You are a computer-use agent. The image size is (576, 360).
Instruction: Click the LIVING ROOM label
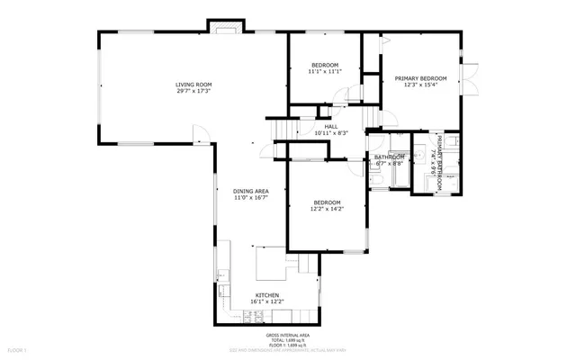click(194, 85)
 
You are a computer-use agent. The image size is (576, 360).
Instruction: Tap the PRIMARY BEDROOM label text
click(420, 78)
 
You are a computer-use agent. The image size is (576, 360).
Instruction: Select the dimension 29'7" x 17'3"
click(194, 91)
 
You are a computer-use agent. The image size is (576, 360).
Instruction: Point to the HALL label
click(331, 127)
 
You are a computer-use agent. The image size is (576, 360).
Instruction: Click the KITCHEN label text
click(267, 295)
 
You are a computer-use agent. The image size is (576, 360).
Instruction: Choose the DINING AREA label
click(251, 192)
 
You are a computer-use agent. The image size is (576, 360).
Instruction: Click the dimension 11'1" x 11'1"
click(325, 72)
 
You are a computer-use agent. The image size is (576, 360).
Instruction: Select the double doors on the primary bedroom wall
click(470, 78)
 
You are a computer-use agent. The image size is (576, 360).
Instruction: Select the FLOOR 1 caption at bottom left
click(17, 348)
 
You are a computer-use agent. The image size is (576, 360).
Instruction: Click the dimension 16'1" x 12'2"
click(267, 301)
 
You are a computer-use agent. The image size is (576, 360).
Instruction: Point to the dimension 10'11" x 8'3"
click(327, 133)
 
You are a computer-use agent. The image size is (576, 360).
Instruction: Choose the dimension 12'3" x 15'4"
click(420, 85)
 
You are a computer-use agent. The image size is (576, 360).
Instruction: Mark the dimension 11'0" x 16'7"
click(251, 198)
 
